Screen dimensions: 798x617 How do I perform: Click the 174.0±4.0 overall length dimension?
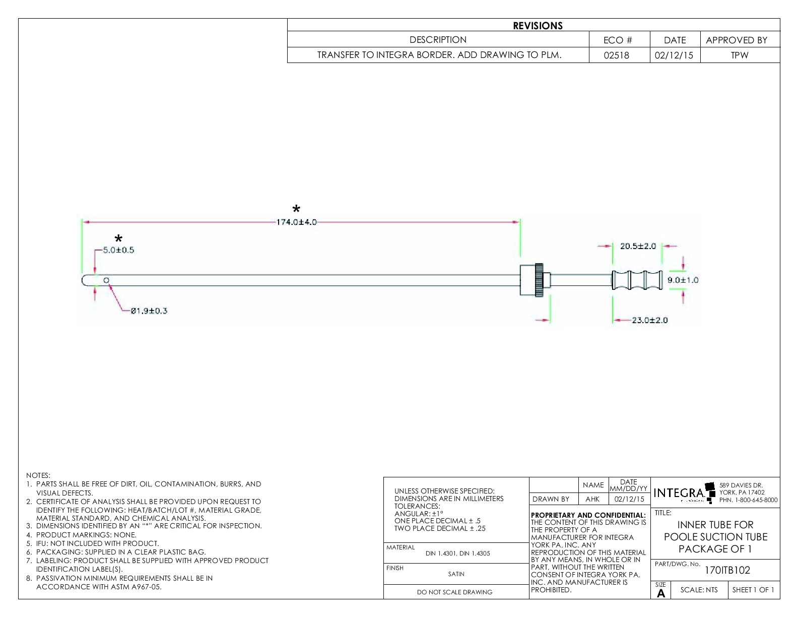click(x=297, y=222)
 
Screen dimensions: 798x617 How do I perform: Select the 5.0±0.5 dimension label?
click(x=119, y=250)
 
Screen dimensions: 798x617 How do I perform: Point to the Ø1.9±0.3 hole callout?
click(x=149, y=311)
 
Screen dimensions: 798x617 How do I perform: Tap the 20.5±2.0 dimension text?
click(x=638, y=246)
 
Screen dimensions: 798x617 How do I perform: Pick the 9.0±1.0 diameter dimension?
click(x=683, y=280)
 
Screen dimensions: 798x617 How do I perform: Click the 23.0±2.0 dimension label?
click(x=650, y=320)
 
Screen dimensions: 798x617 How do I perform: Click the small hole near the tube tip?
click(x=106, y=280)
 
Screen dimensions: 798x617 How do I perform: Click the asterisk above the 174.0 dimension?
click(x=297, y=209)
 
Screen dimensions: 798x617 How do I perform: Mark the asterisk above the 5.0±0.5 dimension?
click(x=118, y=238)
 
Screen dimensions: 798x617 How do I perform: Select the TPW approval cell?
click(x=740, y=55)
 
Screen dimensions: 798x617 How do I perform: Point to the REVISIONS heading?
click(x=538, y=26)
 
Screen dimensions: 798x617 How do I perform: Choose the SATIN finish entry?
click(x=456, y=574)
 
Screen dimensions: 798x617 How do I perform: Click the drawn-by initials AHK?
click(x=592, y=500)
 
